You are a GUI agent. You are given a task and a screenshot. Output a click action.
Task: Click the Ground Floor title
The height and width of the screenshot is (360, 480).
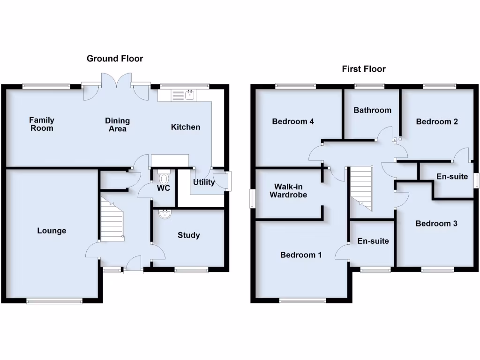click(115, 59)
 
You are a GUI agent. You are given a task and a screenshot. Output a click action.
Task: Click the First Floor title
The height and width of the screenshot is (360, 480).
click(364, 69)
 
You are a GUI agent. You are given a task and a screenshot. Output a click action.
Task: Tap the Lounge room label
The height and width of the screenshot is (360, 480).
click(52, 231)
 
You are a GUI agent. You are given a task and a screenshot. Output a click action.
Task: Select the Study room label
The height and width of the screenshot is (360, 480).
click(189, 235)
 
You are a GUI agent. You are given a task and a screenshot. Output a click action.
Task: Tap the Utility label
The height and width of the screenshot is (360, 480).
click(204, 182)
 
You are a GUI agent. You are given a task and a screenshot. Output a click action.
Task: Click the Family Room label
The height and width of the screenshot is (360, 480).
click(42, 124)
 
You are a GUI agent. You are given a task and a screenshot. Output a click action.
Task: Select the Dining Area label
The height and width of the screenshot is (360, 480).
click(117, 125)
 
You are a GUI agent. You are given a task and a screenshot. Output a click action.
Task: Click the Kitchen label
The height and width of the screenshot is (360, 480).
click(185, 127)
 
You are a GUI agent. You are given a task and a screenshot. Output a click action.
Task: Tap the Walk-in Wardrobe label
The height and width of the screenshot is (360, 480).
click(288, 190)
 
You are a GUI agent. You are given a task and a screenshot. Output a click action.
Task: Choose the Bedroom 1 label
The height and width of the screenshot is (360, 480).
click(301, 255)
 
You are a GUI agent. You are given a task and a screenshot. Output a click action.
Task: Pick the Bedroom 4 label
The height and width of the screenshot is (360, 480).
click(293, 122)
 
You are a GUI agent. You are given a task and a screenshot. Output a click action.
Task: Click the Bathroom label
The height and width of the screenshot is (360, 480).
click(373, 110)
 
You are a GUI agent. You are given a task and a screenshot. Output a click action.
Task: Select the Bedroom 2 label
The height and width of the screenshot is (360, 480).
click(437, 122)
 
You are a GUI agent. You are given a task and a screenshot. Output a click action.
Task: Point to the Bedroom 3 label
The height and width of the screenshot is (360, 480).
click(436, 224)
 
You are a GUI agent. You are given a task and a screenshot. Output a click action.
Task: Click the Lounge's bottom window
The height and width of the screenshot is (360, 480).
click(54, 301)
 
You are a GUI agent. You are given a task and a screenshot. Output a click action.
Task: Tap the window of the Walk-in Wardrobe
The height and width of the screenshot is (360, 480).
click(252, 197)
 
